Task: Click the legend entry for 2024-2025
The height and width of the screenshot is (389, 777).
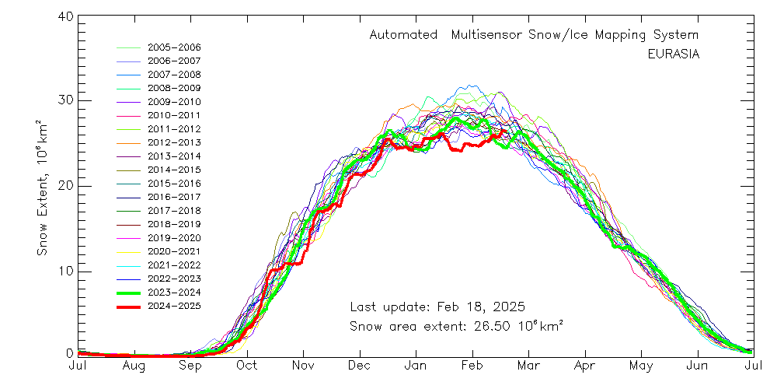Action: coord(174,307)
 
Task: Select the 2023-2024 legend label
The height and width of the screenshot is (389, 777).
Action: coord(174,293)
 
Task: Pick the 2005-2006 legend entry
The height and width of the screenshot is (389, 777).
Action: coord(174,47)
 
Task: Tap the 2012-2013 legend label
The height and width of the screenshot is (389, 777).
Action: coord(174,142)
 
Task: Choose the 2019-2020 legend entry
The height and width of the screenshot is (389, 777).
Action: coord(174,238)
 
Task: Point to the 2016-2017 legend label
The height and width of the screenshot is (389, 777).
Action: coord(174,197)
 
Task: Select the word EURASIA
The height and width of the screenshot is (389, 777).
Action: coord(673,54)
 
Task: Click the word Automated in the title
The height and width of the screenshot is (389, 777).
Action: coord(401,36)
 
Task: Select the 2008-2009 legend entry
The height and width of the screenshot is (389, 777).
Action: coord(174,88)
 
